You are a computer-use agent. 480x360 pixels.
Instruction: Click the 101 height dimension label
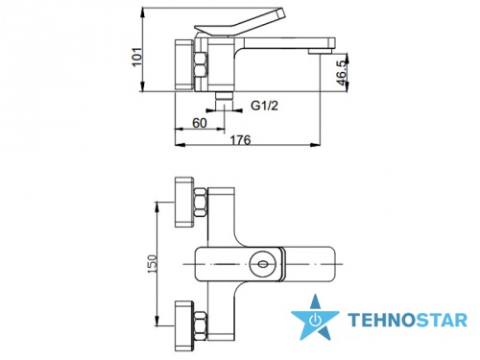pos(137,57)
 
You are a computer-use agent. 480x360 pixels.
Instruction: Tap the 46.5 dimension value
pos(342,73)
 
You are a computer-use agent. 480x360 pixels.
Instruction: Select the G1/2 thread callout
pos(264,106)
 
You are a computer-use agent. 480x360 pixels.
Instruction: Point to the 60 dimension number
pos(200,123)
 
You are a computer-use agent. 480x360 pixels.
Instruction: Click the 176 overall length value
pos(241,140)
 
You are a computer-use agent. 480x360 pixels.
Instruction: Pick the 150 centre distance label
pos(153,264)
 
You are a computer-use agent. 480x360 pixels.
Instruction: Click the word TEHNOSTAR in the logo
pos(407,321)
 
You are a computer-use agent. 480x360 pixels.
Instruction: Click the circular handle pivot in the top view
pos(263,264)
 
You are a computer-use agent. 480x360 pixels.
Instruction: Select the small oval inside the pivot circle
pos(263,264)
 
